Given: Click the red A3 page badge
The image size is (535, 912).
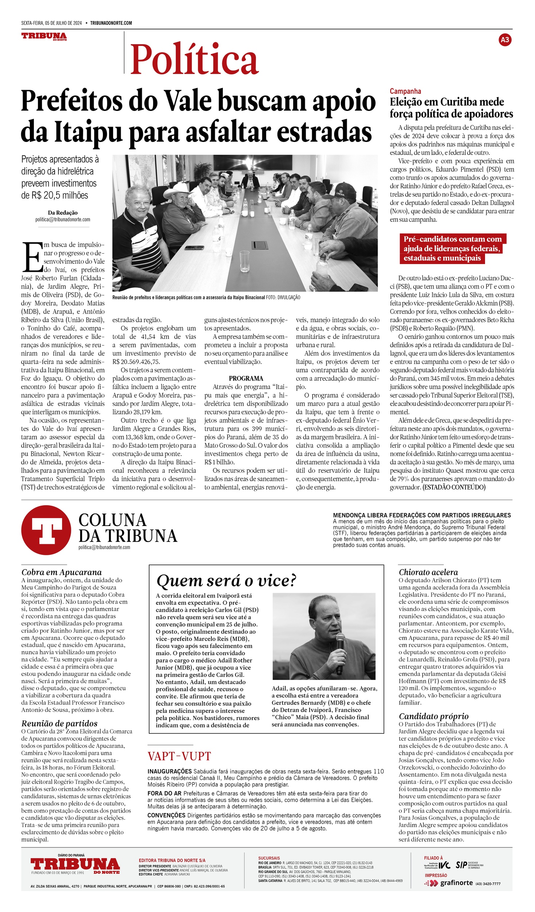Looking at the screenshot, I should click(x=505, y=40).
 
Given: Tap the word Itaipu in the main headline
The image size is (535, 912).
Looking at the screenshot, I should click(x=89, y=132).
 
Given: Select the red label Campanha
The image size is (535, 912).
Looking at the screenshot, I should click(x=405, y=91).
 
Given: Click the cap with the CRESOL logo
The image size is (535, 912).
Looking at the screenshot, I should click(x=342, y=190).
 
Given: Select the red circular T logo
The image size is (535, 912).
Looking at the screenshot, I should click(x=46, y=530).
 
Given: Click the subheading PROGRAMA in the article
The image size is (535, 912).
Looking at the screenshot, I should click(x=246, y=378).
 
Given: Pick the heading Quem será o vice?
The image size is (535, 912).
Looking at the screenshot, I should click(x=226, y=581).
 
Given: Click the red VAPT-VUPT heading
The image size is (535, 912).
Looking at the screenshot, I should click(x=179, y=756).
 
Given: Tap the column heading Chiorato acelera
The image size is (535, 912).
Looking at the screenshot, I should click(x=428, y=572).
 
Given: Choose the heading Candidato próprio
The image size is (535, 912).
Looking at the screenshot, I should click(x=433, y=716).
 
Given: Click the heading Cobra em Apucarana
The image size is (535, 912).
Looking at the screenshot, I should click(x=61, y=572).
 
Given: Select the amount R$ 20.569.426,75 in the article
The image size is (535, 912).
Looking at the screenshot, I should click(x=136, y=362).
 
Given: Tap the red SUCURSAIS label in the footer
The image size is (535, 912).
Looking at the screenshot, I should click(x=269, y=858).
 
